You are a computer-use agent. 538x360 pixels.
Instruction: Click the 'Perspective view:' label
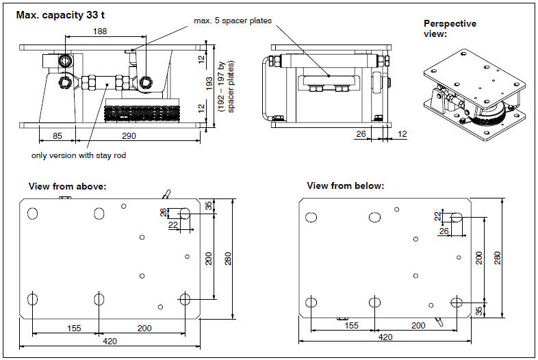(450, 28)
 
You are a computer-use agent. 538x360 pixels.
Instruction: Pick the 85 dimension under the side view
(57, 136)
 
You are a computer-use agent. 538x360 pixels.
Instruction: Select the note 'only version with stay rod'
(79, 155)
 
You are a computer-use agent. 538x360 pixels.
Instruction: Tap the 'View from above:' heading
(67, 186)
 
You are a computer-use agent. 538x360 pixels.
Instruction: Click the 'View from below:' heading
(345, 186)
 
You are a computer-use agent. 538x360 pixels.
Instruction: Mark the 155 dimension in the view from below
(351, 326)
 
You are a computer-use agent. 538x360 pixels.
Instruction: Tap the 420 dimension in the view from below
(385, 337)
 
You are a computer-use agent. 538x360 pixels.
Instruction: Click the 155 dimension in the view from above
(73, 329)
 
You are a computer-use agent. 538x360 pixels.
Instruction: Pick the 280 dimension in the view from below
(498, 257)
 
